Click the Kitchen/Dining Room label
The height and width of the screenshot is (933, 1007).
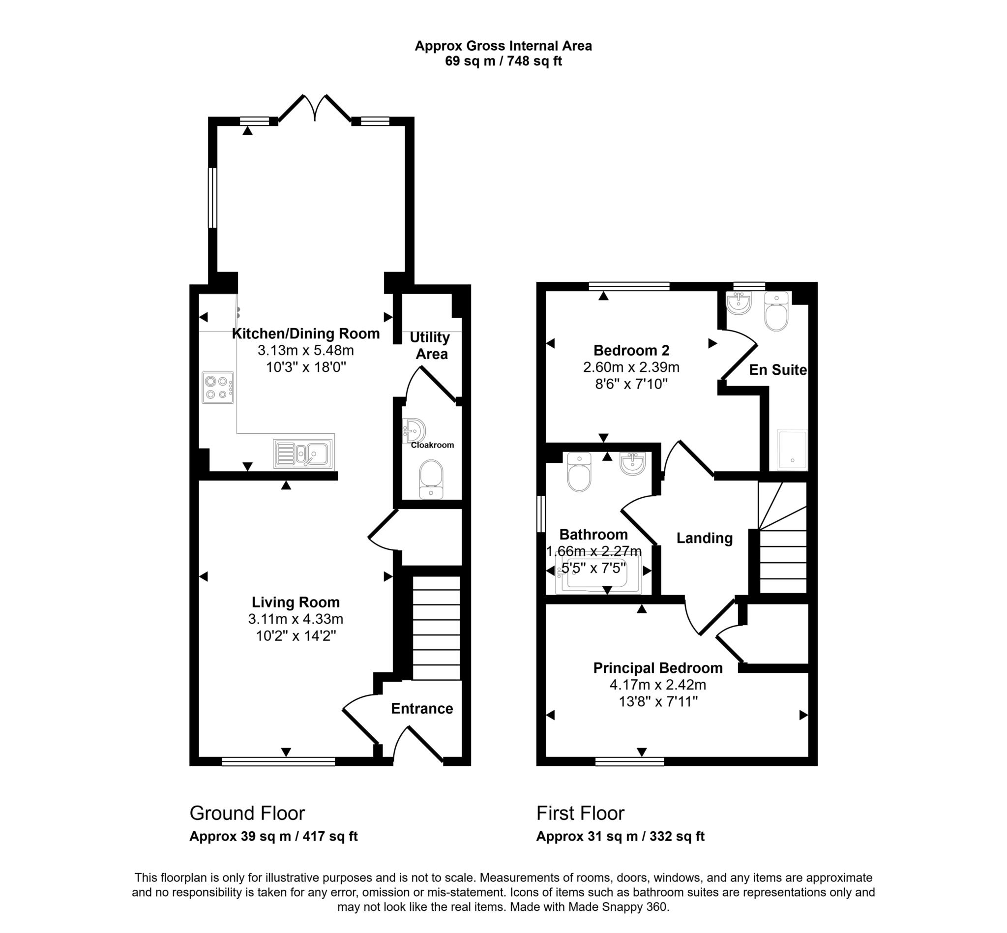click(x=305, y=334)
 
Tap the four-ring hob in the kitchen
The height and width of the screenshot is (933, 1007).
click(x=217, y=388)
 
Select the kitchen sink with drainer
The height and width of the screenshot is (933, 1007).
click(x=303, y=453)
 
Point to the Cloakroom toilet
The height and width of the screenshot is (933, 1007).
click(x=431, y=479)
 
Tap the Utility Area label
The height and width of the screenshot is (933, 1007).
click(x=430, y=345)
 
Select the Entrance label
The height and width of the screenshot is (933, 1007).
click(x=422, y=708)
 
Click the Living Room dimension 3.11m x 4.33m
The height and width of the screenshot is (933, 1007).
click(x=296, y=619)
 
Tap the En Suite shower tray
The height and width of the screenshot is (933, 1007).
click(x=792, y=450)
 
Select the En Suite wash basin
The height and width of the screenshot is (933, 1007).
click(x=739, y=304)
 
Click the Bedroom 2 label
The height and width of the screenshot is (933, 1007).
click(x=631, y=350)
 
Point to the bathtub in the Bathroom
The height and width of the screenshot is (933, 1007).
click(x=598, y=574)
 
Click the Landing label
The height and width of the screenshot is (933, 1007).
click(x=704, y=538)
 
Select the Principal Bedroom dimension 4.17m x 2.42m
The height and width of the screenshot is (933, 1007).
click(x=657, y=685)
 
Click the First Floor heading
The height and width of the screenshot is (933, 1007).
click(x=580, y=813)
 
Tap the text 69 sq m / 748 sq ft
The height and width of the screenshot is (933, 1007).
click(x=503, y=61)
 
